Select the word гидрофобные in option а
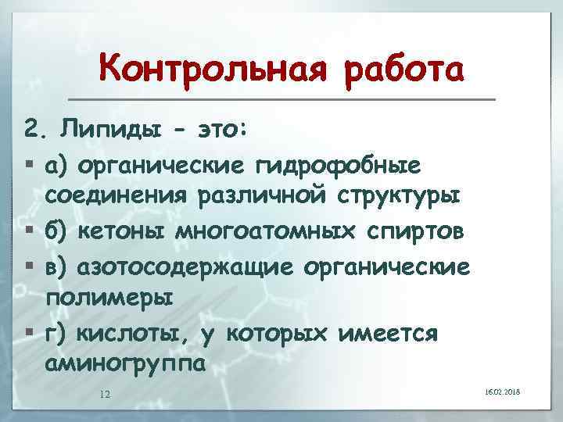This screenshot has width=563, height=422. point(339,166)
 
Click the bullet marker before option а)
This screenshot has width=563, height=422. point(29,166)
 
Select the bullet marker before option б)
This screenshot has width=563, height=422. point(29,232)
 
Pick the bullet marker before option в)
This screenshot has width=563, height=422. point(29,266)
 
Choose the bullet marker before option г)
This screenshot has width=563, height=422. point(29,334)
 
